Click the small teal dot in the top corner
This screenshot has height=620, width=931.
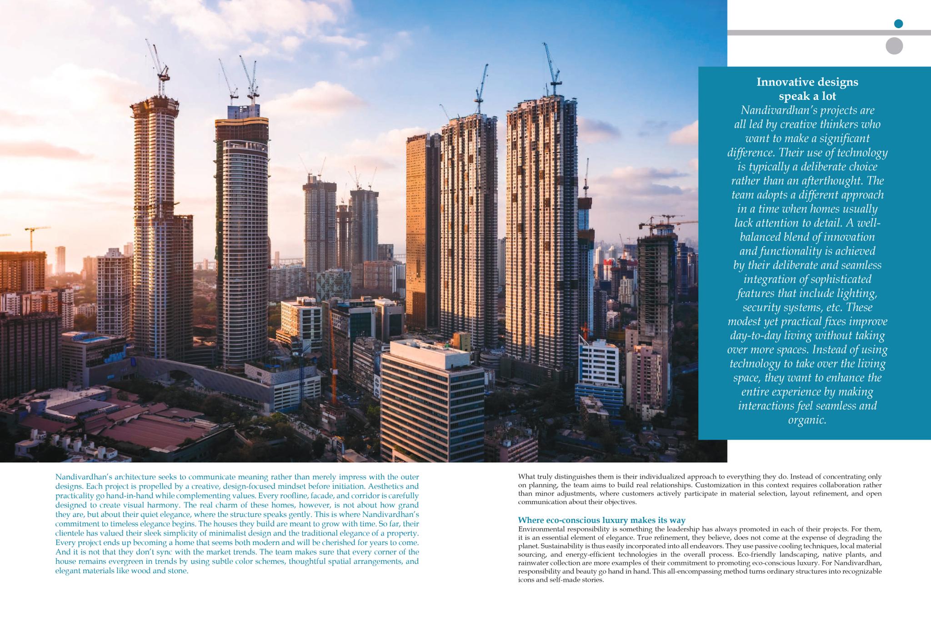pyautogui.click(x=898, y=24)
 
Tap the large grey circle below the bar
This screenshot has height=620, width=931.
pyautogui.click(x=894, y=46)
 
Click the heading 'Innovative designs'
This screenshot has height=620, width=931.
pyautogui.click(x=807, y=82)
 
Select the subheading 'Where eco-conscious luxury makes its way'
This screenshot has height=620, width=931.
pyautogui.click(x=601, y=520)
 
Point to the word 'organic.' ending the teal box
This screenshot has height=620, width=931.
pyautogui.click(x=807, y=420)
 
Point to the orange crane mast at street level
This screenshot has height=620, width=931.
pyautogui.click(x=333, y=363)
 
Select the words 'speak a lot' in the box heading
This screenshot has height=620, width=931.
pyautogui.click(x=807, y=96)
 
